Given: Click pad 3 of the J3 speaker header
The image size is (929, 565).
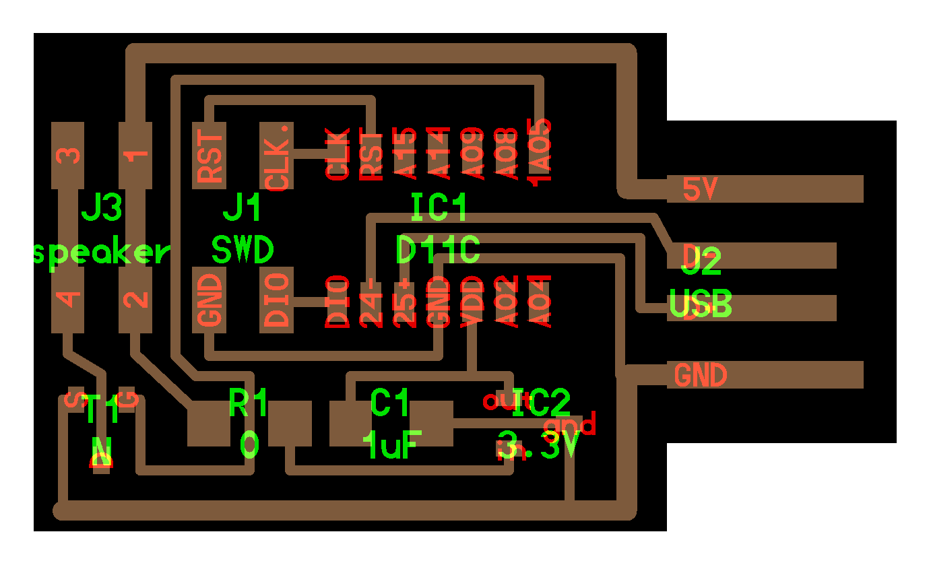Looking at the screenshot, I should pos(67,156).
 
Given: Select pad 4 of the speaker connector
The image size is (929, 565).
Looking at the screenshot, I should pos(67,299).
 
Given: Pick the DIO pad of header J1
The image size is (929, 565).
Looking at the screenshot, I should pos(277,300).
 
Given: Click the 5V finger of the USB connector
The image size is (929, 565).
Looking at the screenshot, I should pos(765,189).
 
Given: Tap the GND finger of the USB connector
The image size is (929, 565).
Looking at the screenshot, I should pos(765,374).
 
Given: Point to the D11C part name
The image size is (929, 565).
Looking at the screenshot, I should pos(438,250).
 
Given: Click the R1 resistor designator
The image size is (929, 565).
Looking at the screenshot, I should pos(249,403).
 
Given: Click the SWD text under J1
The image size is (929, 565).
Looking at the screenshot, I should pos(243,251).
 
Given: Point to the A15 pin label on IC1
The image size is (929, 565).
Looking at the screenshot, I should pos(406,154).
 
